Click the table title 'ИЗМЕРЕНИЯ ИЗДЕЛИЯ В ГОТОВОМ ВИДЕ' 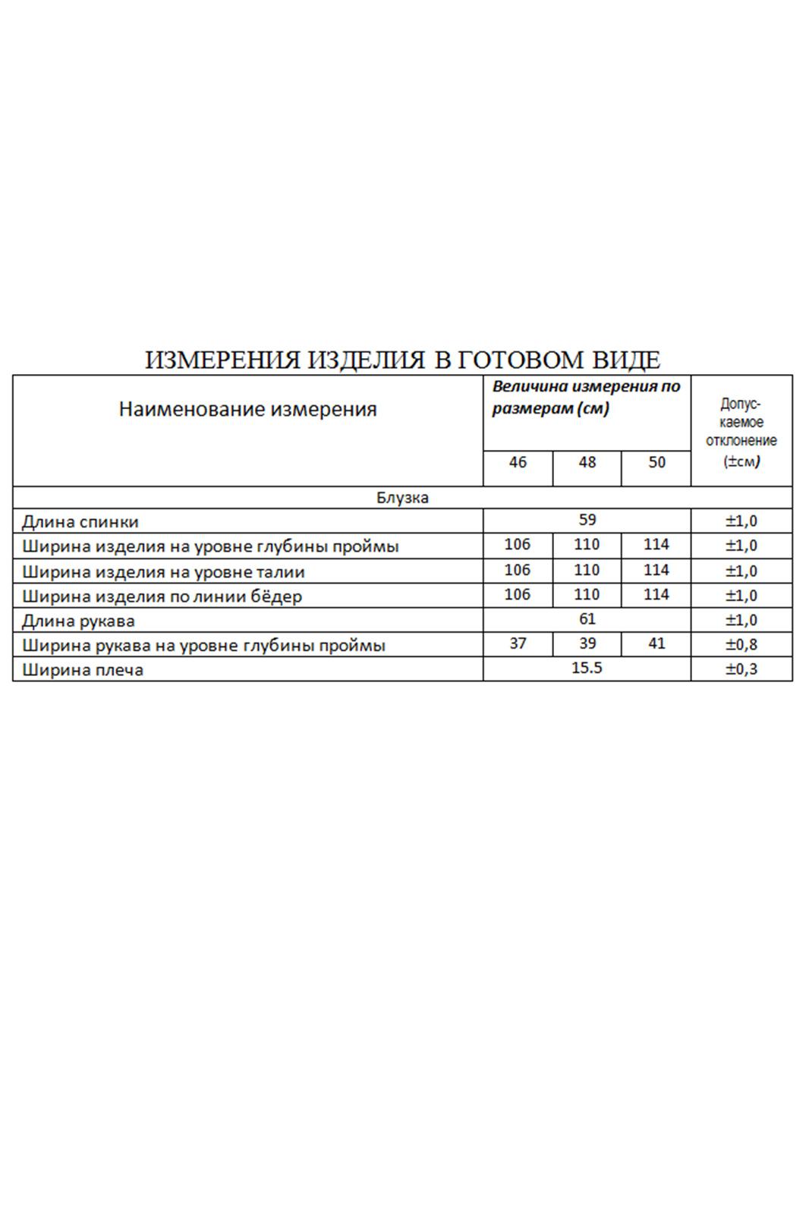pos(402,360)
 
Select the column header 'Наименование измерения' pos(247,410)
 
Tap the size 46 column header pos(518,462)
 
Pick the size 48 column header pos(587,462)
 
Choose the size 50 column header pos(656,462)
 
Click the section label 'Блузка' pos(402,498)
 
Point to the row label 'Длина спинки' pos(80,522)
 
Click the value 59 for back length pos(587,521)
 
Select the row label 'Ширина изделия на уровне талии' pos(163,571)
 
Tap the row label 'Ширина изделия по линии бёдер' pos(162,596)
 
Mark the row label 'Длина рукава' pos(78,621)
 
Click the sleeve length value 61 pos(587,619)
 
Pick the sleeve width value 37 pos(518,643)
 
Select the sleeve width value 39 pos(587,643)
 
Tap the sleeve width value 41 pos(656,643)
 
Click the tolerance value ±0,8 pos(741,645)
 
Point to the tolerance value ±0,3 pos(741,669)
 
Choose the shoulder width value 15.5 pos(587,668)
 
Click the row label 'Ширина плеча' pos(83,670)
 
